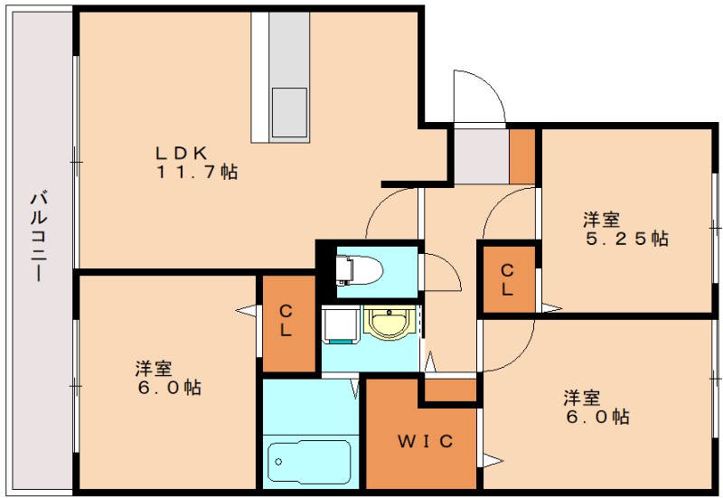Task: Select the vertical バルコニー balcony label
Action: [x=39, y=235]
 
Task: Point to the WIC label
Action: [x=423, y=441]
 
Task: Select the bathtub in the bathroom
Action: [x=309, y=463]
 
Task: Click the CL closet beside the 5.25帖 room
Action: [x=507, y=279]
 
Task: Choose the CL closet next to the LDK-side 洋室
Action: [x=286, y=321]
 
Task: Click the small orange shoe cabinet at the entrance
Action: [x=522, y=156]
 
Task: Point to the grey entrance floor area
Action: [x=479, y=155]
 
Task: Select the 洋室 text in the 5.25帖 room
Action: [x=600, y=219]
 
